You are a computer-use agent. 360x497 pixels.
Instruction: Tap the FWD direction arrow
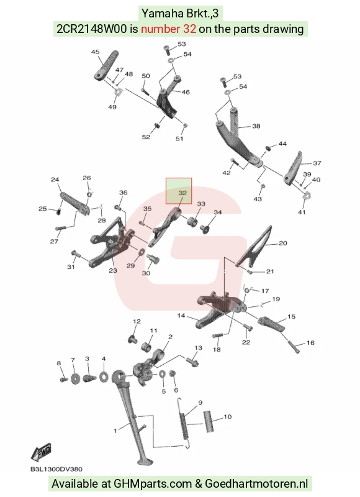coord(41,452)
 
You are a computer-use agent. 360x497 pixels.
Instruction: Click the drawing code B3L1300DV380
coord(56,470)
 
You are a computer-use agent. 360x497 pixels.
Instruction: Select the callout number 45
coord(96,52)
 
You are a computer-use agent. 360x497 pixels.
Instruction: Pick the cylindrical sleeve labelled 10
coord(209,421)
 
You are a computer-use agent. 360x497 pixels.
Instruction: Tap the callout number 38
coord(256,126)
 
